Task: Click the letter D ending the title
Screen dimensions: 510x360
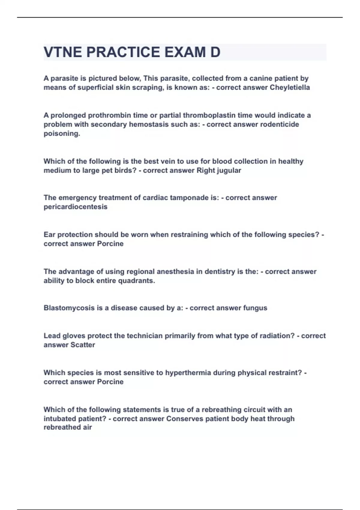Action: coord(215,52)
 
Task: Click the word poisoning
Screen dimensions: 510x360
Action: coord(62,134)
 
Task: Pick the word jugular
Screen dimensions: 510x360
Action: coord(228,170)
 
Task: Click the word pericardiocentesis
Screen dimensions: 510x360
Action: coord(75,207)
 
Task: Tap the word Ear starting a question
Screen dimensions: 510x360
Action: coord(49,235)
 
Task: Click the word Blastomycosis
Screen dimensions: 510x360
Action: coord(69,308)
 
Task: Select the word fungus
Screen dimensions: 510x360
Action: coord(255,308)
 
